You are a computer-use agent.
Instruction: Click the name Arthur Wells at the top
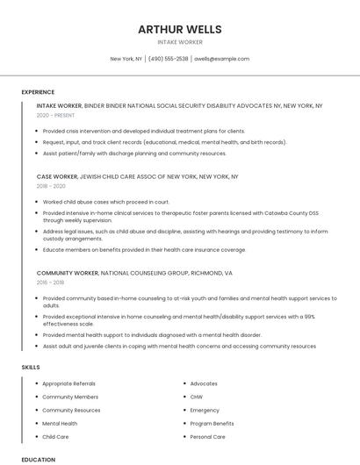[x=179, y=29]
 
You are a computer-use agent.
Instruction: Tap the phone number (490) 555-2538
[x=169, y=59]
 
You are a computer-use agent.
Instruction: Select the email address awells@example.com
[x=222, y=59]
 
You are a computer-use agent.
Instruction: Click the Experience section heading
[x=38, y=92]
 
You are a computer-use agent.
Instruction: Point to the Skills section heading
[x=30, y=366]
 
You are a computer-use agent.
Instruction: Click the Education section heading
[x=38, y=460]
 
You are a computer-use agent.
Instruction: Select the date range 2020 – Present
[x=55, y=115]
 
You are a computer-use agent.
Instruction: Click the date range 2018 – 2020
[x=52, y=185]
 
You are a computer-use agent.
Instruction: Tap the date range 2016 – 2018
[x=52, y=283]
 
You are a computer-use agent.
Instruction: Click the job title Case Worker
[x=57, y=175]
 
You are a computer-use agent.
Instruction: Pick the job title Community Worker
[x=68, y=273]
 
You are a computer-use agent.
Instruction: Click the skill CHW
[x=197, y=397]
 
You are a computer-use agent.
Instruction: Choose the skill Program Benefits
[x=212, y=423]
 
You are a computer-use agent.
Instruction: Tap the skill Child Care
[x=55, y=436]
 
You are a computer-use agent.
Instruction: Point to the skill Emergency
[x=205, y=410]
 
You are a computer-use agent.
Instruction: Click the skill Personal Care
[x=207, y=436]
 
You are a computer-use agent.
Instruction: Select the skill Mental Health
[x=60, y=423]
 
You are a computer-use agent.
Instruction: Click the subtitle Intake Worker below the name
[x=179, y=42]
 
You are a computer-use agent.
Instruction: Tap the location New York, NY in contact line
[x=126, y=59]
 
